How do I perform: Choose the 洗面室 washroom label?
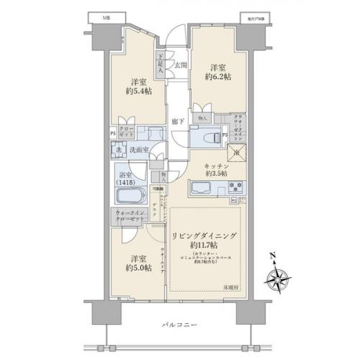pyautogui.click(x=139, y=150)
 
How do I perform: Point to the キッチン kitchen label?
pyautogui.click(x=215, y=165)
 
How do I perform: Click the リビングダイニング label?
pyautogui.click(x=205, y=235)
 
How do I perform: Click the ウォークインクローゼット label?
pyautogui.click(x=129, y=217)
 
